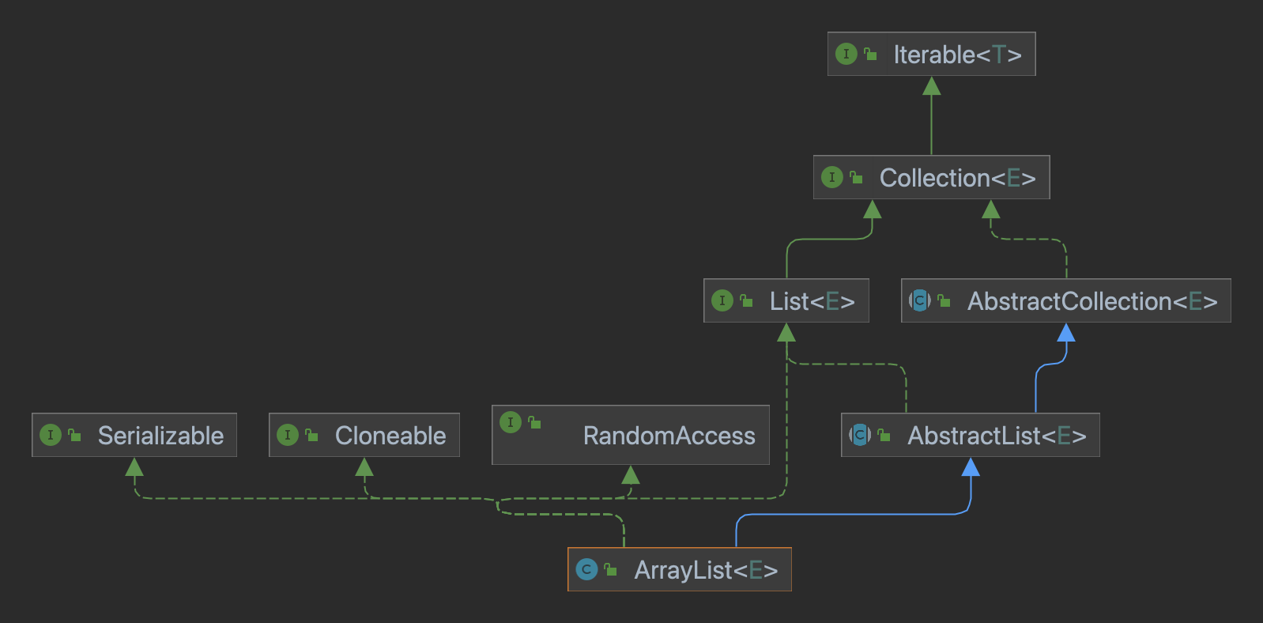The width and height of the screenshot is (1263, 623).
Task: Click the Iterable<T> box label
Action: pos(957,55)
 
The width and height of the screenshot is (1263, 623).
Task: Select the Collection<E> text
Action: pos(957,178)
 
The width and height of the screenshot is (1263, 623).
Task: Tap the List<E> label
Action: pos(812,301)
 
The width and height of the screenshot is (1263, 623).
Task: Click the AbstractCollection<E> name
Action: pos(1091,301)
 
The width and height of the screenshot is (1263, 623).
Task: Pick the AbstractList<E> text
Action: pos(996,436)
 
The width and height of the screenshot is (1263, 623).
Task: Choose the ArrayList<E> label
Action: pos(705,570)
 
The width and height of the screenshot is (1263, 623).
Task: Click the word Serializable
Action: pos(160,436)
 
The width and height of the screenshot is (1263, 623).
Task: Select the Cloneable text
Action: pos(390,436)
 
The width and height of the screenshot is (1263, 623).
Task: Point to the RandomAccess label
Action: pos(669,436)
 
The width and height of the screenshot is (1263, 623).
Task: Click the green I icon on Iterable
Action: pos(846,54)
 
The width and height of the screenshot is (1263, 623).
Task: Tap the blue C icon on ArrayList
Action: pos(586,569)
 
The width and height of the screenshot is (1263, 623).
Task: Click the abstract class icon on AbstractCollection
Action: pos(919,300)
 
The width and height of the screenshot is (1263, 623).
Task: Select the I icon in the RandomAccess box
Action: pos(510,422)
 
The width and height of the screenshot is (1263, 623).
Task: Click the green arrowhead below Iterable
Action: pos(932,86)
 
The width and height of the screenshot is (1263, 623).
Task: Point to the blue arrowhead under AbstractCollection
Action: pos(1066,333)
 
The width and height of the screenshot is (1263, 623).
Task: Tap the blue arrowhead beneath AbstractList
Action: pos(971,467)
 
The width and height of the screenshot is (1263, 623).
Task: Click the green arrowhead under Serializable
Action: pos(134,467)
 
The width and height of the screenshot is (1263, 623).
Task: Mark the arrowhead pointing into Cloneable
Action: pos(364,467)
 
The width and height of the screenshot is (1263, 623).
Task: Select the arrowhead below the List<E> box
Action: pos(786,333)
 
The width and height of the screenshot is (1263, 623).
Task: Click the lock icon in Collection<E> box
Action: pos(856,177)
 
